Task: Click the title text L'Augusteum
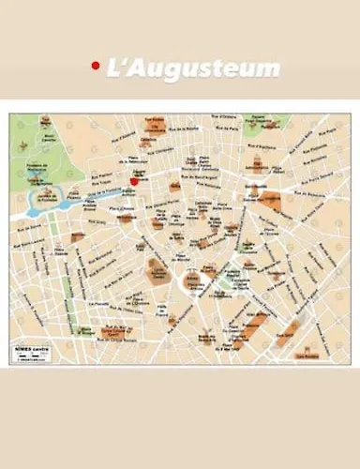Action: pyautogui.click(x=193, y=68)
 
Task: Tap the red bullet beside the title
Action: pyautogui.click(x=95, y=66)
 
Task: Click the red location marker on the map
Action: pyautogui.click(x=134, y=182)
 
